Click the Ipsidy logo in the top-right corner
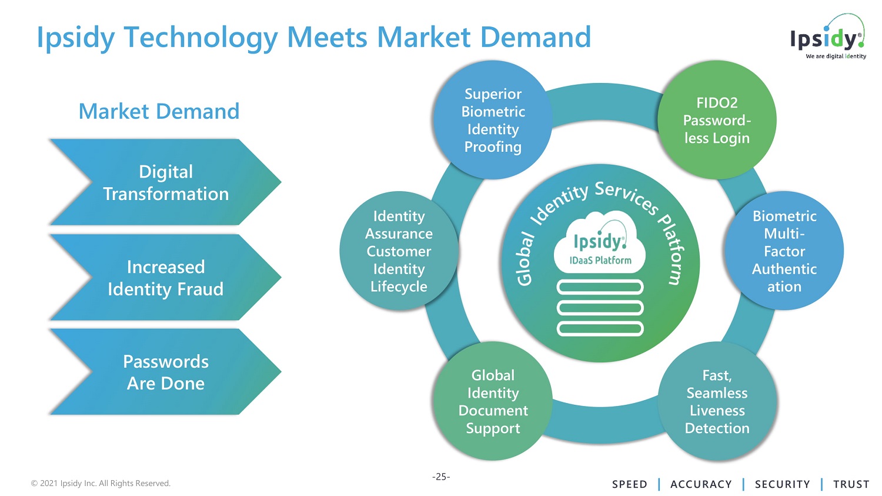[828, 38]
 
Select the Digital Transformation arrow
[165, 182]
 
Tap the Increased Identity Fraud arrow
[165, 278]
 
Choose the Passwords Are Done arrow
[165, 372]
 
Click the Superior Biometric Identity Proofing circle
[493, 120]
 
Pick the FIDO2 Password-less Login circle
[717, 120]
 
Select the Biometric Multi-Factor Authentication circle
[784, 251]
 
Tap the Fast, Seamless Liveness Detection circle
[717, 401]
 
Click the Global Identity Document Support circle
[493, 401]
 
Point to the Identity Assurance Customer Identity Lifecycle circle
[399, 251]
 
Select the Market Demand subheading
[159, 111]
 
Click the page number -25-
[441, 477]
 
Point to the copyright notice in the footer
[101, 483]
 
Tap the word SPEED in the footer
[629, 484]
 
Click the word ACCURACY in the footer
[701, 484]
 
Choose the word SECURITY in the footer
[782, 484]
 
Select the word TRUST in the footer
[851, 484]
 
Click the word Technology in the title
[201, 38]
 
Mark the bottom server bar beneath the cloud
[600, 328]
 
